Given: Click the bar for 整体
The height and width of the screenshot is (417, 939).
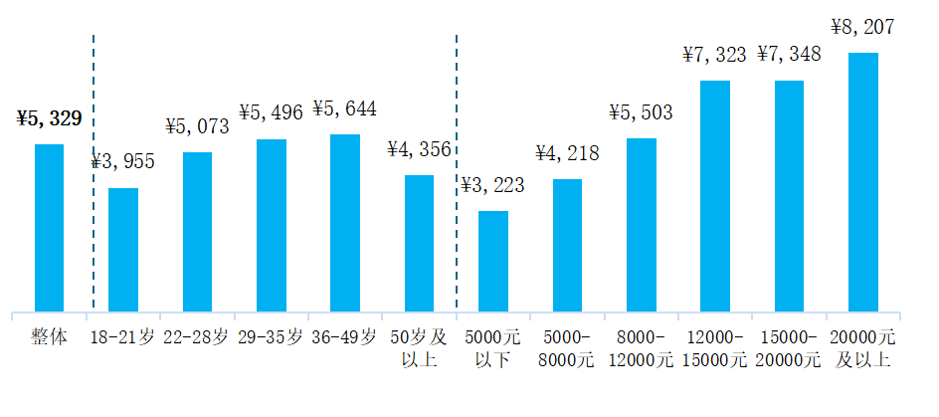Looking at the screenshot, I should click(49, 228).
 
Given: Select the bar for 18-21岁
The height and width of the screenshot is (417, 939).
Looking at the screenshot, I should click(123, 250).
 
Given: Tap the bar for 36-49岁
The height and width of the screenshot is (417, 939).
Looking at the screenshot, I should click(345, 223).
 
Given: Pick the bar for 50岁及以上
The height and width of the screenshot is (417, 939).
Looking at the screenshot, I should click(419, 243).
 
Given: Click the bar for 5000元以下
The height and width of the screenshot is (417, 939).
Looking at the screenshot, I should click(493, 261).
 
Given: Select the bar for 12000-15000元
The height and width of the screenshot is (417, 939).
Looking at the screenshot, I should click(715, 196).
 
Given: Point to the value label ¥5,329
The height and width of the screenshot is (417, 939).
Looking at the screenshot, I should click(49, 119).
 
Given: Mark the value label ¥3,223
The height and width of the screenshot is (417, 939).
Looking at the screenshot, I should click(492, 185).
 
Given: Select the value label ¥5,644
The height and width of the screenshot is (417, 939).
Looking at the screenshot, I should click(344, 108).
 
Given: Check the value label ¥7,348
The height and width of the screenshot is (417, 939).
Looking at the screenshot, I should click(789, 54).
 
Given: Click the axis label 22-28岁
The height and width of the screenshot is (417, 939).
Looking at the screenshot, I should click(197, 337).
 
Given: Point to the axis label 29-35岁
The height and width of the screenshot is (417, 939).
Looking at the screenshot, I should click(271, 337).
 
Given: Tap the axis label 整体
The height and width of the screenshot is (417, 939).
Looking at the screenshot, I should click(49, 337).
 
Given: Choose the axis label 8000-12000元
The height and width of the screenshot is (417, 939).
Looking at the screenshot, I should click(641, 347).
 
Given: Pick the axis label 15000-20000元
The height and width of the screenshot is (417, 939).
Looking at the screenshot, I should click(789, 347).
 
